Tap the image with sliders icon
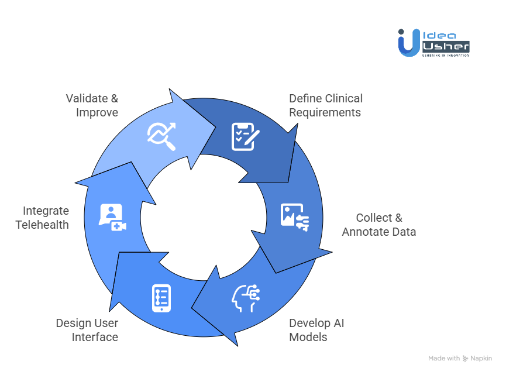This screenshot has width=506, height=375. click(x=295, y=216)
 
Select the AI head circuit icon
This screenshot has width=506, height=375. click(x=246, y=297)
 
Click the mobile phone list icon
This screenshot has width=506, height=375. click(x=161, y=298)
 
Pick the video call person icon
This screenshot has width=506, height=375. click(x=112, y=217)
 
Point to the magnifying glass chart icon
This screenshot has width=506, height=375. click(x=161, y=137)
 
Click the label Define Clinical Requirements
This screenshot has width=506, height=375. click(x=326, y=105)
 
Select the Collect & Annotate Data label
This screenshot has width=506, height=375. click(x=379, y=225)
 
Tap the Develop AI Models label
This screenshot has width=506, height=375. click(x=316, y=330)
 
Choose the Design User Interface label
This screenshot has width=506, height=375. click(x=87, y=330)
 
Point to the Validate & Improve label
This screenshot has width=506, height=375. click(x=92, y=105)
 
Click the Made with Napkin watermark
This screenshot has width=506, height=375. click(x=460, y=358)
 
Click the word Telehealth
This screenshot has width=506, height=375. click(x=42, y=225)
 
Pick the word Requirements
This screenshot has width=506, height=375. click(x=325, y=112)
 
